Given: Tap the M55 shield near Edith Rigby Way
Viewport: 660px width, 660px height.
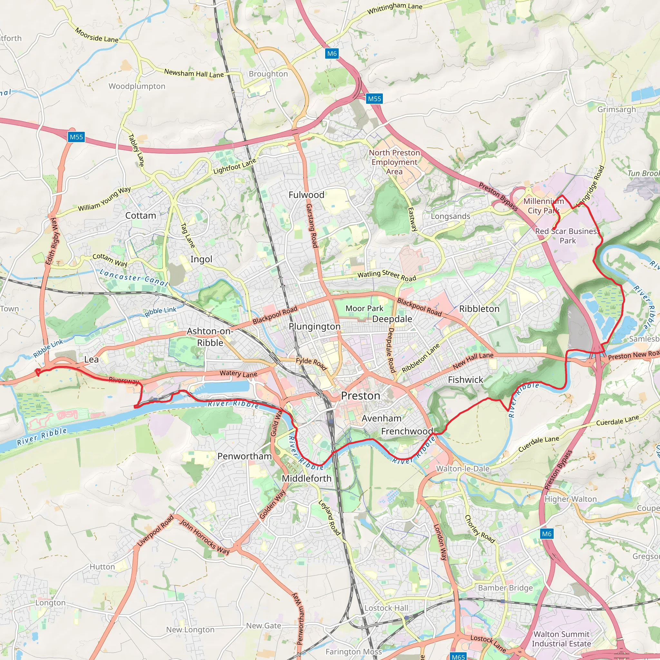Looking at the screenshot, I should point(76,137).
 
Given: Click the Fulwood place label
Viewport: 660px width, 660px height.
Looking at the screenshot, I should point(306,195).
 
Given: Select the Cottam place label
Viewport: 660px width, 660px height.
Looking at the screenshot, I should point(141,216).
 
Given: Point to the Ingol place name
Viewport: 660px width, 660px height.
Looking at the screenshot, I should point(201,259).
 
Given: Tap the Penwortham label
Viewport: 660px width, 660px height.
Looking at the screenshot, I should point(245,456).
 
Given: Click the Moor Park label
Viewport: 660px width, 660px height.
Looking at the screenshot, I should point(364,308).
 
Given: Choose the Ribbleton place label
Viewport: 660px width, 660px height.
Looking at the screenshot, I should point(479,309).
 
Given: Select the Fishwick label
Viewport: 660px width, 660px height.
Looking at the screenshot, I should point(465,380).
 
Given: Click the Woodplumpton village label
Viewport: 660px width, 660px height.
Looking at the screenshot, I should point(137,86).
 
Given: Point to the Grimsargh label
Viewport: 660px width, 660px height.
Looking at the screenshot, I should point(616,109).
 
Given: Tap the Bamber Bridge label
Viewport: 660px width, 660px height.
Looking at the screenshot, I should point(505,587).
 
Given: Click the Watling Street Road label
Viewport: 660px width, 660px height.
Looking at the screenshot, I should point(387,275).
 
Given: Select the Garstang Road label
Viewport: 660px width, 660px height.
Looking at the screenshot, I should point(312,226).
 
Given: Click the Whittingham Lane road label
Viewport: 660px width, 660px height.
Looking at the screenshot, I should point(394,8).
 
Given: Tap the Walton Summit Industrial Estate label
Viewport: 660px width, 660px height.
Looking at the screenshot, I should point(561,639).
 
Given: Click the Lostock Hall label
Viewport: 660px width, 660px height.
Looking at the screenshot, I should point(386,608).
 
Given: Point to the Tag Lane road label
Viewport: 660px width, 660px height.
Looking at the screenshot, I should point(188,235).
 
